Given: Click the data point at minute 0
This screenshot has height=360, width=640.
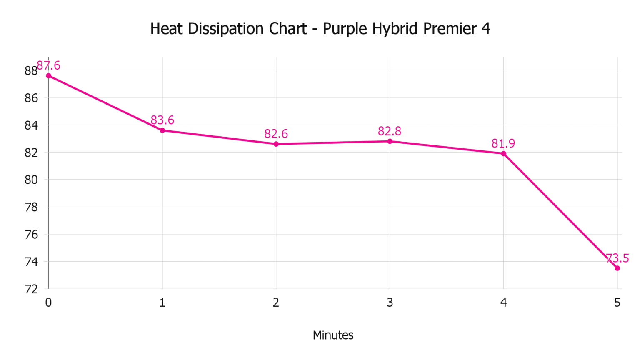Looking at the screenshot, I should coord(49,76).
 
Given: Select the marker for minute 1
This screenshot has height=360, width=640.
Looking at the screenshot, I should coord(162,130).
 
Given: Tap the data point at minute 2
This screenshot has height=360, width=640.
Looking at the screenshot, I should coord(276,144).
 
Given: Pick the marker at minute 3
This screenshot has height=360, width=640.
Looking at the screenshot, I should coord(390,141).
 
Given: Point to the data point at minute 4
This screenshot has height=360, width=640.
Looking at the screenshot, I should coord(504,154).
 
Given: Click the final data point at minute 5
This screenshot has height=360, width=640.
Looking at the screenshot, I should coord(617,268).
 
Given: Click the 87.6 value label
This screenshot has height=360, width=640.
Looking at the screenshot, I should coord(49,65).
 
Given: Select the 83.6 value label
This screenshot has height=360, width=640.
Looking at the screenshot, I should coord(162,120).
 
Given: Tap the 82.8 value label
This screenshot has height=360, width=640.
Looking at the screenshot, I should coord(390,131).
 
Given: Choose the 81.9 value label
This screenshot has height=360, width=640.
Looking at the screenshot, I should coord(503,143).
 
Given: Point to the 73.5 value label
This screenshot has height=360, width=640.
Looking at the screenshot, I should coord(617,258).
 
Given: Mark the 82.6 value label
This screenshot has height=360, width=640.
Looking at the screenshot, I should coord(276,134).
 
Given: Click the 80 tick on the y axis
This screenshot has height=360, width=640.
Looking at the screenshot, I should coord(31,180).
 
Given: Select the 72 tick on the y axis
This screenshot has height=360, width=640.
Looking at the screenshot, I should coord(31,289).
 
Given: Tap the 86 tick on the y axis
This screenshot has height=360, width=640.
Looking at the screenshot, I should coord(31,98).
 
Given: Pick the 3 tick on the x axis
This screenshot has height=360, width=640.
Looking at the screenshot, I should coord(390,302).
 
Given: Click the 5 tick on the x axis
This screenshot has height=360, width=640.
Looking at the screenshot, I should coord(617,302).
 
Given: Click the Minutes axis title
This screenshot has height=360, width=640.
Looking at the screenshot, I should coord(333,335).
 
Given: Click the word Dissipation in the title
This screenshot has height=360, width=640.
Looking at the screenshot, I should coord(225,29).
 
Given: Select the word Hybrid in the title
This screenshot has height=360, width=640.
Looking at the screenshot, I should coord(395,29).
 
